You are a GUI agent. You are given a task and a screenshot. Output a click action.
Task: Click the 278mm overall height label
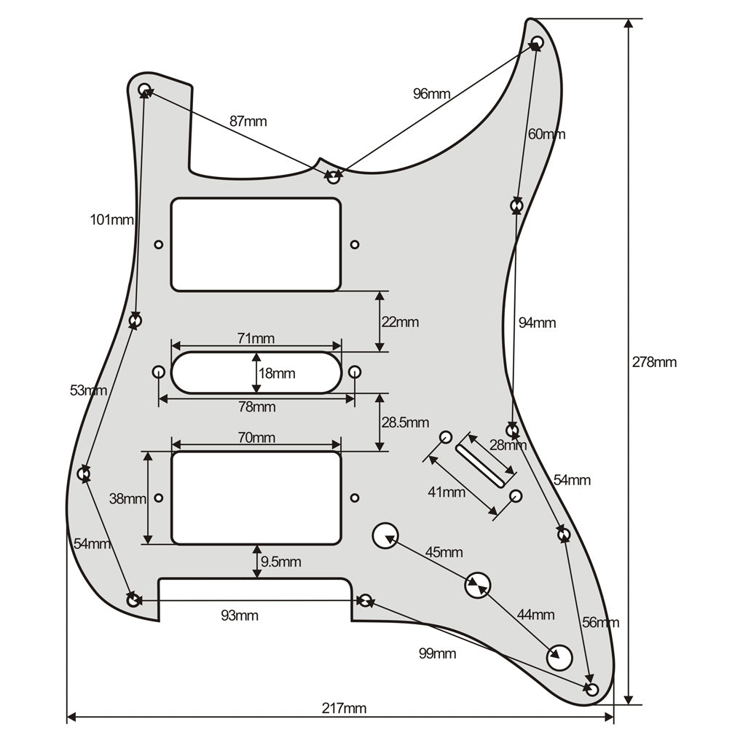[654, 363]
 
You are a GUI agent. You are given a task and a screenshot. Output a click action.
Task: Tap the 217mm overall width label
[344, 709]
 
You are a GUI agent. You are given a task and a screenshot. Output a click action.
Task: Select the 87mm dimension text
[248, 122]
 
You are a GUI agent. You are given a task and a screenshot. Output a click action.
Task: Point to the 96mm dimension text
[431, 94]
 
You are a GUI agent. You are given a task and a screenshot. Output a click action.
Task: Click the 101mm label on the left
[112, 220]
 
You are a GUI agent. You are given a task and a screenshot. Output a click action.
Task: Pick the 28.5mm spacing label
[405, 422]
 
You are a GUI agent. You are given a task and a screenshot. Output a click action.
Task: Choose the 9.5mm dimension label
[280, 562]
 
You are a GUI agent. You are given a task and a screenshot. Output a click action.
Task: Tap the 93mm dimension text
[240, 616]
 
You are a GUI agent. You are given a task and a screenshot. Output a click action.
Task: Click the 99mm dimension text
[437, 654]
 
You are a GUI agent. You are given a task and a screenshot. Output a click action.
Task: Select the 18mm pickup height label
[277, 374]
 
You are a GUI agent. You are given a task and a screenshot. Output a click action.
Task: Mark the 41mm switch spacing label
[447, 492]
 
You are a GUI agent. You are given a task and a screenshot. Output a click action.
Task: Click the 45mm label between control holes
[444, 552]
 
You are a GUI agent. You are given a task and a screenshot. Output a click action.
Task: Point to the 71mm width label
[256, 339]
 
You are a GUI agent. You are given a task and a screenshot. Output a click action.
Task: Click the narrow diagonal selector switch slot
[480, 466]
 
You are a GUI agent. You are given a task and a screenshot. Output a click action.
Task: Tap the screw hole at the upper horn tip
[537, 42]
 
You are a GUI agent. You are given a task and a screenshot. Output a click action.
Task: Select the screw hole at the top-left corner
[144, 90]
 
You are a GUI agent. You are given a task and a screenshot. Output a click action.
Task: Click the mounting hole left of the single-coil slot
[158, 371]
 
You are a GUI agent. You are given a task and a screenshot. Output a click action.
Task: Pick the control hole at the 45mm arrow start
[386, 536]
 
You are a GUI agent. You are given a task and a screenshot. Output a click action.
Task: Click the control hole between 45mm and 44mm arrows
[478, 585]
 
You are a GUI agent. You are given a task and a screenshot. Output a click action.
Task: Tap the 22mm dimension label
[401, 322]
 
